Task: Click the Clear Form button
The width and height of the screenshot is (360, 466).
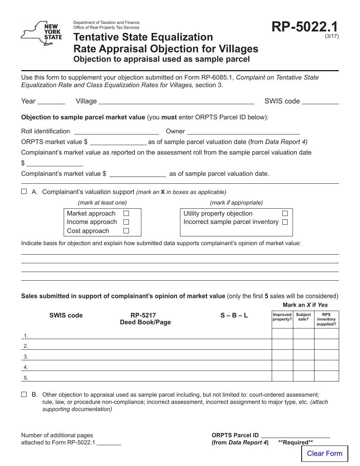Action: [324, 453]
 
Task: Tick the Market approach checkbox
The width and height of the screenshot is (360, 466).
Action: [126, 214]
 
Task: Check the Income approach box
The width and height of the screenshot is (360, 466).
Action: [126, 222]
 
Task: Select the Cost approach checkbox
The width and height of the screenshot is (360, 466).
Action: [126, 231]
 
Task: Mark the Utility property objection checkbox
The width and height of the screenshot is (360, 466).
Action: [285, 214]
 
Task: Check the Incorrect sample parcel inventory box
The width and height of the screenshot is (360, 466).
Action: [285, 222]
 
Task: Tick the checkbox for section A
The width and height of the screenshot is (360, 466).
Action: [24, 192]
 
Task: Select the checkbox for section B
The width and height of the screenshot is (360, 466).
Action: [24, 394]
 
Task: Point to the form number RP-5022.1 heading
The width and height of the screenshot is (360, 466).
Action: [305, 27]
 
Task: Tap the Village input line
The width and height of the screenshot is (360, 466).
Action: [176, 101]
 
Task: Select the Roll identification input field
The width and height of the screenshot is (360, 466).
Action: [116, 131]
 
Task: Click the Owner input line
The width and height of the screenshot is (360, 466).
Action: [243, 131]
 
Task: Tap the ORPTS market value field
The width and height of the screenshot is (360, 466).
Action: [118, 142]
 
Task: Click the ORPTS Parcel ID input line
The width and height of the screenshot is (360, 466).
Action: [295, 435]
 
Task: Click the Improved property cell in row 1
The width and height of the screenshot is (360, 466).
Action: [282, 334]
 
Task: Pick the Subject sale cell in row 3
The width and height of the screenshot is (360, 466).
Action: [304, 355]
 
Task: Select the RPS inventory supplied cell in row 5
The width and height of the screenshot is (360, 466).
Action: [326, 376]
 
